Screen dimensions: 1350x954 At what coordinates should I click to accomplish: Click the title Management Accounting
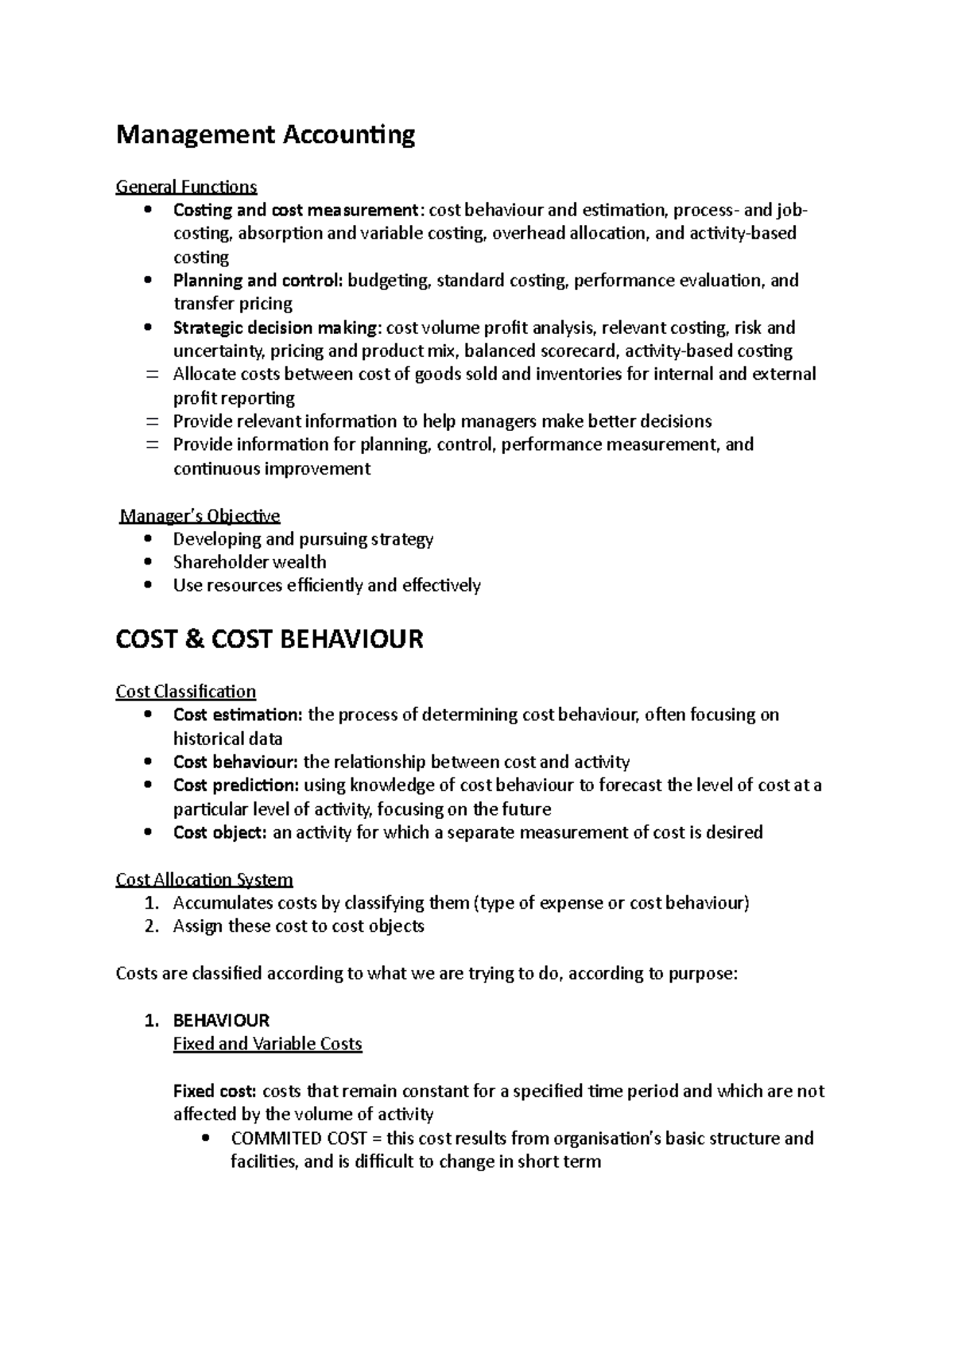coord(266,135)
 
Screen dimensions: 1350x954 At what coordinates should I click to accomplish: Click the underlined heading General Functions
coord(186,187)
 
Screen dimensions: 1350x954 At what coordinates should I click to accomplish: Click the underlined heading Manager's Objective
coord(200,516)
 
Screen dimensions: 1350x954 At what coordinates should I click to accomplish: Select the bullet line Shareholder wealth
coord(250,562)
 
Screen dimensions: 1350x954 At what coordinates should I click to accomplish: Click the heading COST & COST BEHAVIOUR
coord(270,639)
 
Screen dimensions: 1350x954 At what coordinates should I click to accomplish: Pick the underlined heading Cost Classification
coord(186,692)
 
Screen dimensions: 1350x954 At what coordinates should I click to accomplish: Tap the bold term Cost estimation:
coord(238,715)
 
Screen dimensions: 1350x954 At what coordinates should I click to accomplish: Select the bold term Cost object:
coord(220,832)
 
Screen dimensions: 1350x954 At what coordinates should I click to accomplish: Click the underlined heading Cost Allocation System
coord(204,879)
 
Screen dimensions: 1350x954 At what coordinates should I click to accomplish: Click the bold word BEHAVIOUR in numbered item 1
coord(221,1020)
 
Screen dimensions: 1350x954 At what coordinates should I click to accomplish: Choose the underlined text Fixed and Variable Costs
coord(267,1044)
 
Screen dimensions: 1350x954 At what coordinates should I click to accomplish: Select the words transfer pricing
coord(233,304)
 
